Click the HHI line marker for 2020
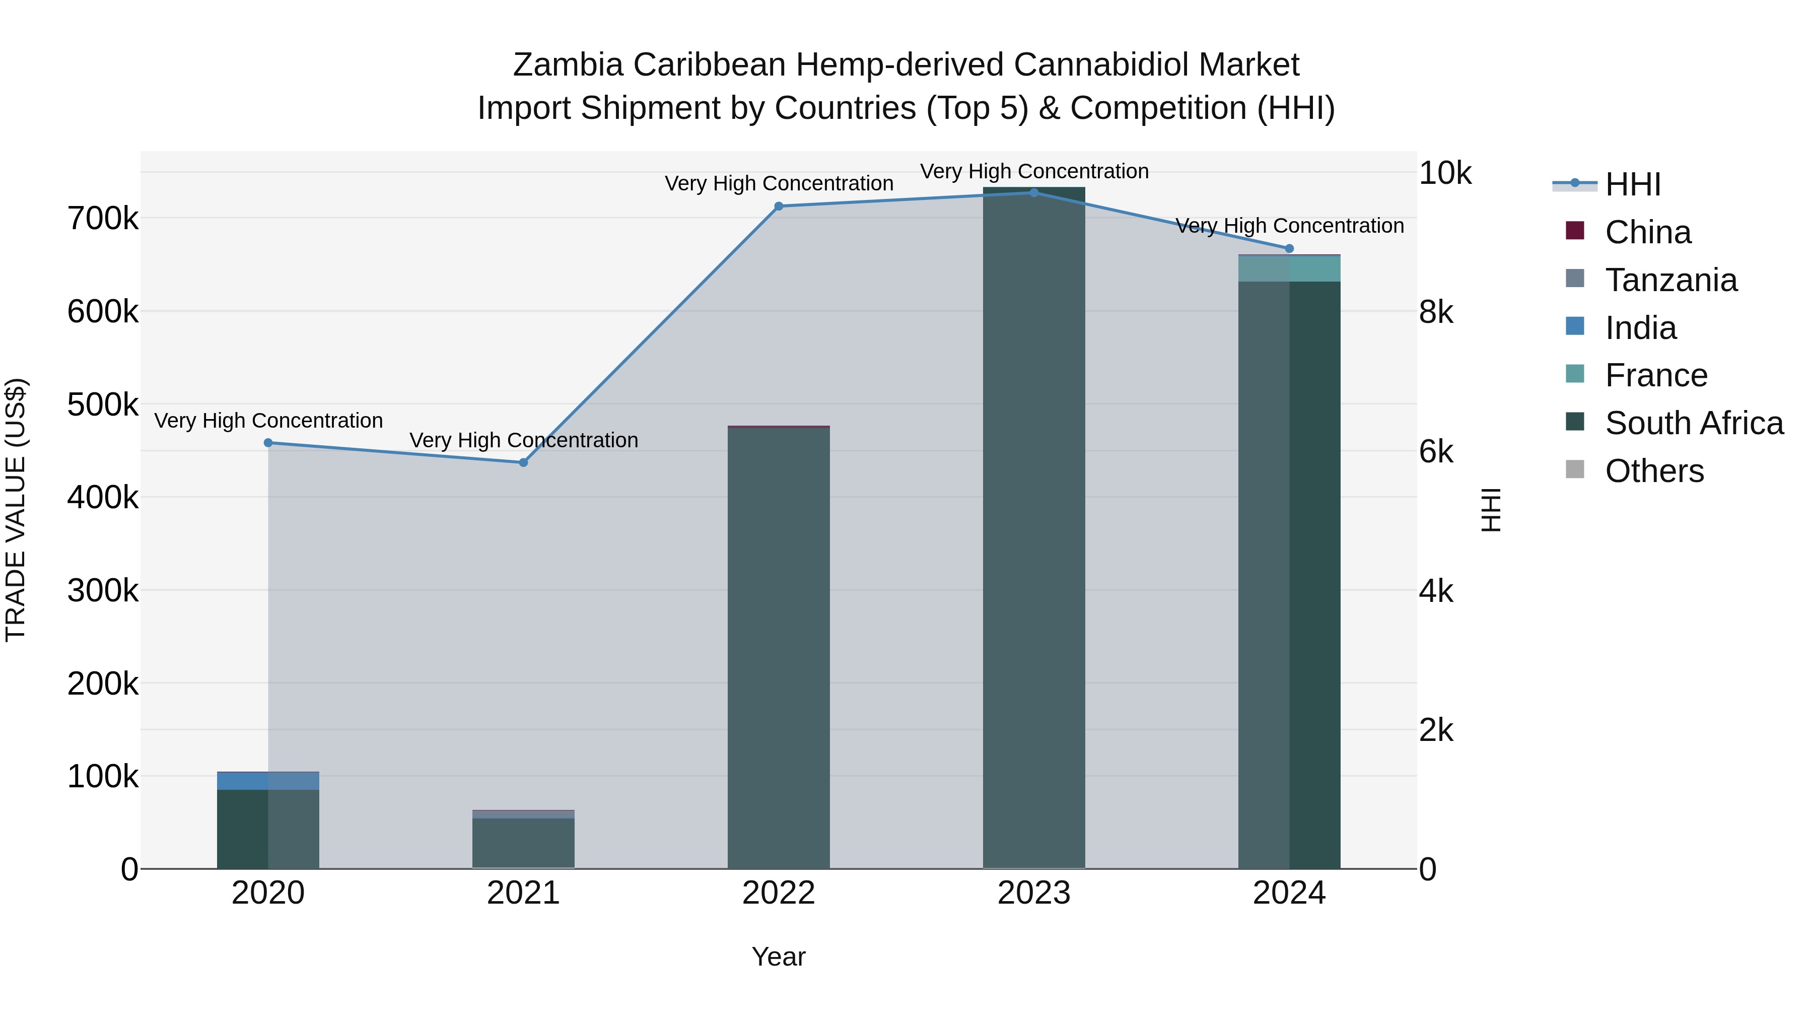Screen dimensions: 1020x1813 click(x=268, y=443)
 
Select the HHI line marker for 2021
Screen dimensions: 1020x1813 click(x=523, y=462)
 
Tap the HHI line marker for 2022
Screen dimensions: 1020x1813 click(x=779, y=206)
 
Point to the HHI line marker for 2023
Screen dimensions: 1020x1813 click(x=1034, y=193)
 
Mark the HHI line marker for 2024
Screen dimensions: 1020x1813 click(x=1289, y=248)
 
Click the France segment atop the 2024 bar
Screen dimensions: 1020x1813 click(x=1289, y=269)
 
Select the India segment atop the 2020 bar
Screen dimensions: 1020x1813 click(x=268, y=781)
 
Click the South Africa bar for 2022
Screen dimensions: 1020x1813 click(x=779, y=648)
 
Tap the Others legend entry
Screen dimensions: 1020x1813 click(x=1654, y=471)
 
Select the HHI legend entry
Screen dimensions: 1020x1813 click(x=1632, y=184)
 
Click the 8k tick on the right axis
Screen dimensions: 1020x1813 click(x=1436, y=312)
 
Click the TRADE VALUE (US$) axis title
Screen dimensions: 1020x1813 click(x=16, y=510)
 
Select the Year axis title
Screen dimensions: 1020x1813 click(x=779, y=957)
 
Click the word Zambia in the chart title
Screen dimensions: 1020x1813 click(x=568, y=65)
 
